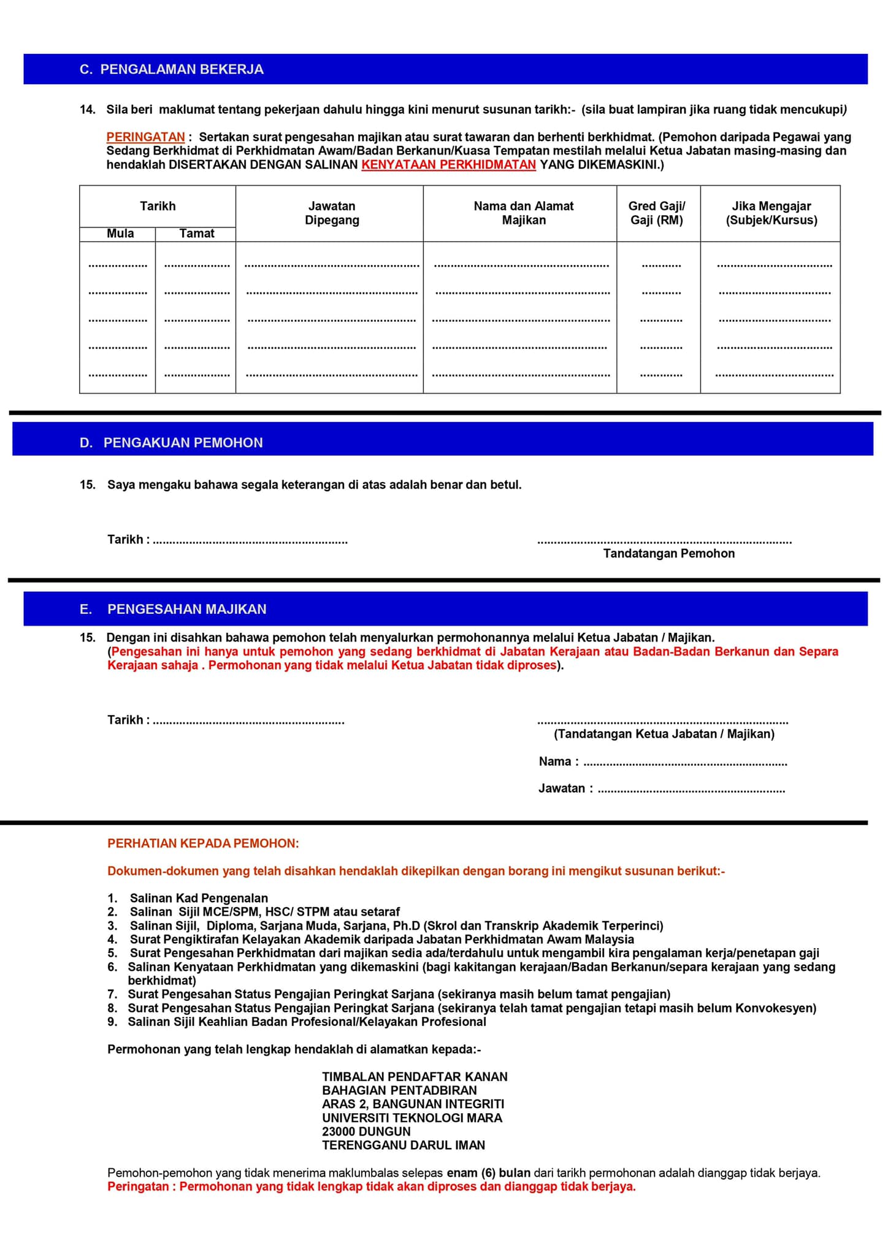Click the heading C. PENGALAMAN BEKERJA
click(172, 69)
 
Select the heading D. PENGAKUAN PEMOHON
click(172, 443)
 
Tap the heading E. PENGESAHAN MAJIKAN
click(174, 609)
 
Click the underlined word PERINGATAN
click(145, 137)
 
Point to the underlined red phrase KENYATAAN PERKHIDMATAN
click(448, 165)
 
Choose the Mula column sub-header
click(120, 234)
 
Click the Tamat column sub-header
click(197, 234)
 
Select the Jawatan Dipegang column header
click(332, 213)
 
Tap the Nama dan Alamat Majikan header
click(523, 213)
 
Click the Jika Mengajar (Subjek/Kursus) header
click(771, 213)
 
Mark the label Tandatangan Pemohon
click(668, 554)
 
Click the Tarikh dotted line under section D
click(250, 542)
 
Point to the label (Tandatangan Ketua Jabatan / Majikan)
click(664, 734)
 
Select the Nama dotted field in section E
click(685, 764)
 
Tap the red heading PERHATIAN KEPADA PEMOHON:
click(203, 844)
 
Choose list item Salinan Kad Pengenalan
click(199, 898)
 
